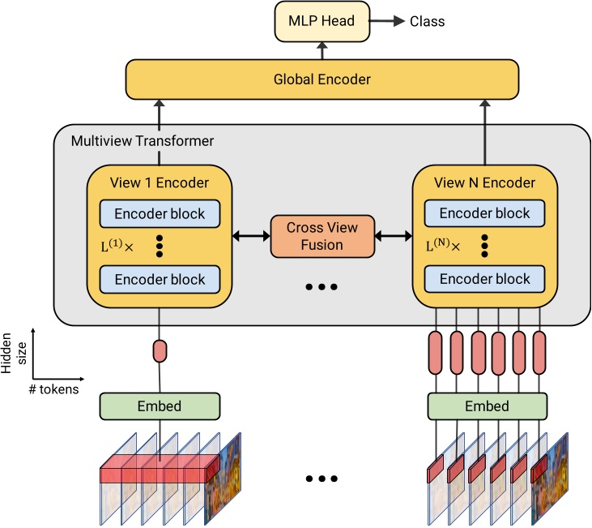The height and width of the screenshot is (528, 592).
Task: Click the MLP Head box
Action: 322,21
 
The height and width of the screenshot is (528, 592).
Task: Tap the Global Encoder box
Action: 322,79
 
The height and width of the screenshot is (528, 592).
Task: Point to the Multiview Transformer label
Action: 143,141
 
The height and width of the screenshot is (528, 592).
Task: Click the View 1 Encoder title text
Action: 160,182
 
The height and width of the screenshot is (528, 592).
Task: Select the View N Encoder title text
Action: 485,182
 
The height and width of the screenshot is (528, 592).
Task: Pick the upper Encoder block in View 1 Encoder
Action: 160,213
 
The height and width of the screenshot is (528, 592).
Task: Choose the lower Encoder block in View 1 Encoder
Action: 160,280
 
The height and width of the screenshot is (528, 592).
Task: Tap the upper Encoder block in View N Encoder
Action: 485,213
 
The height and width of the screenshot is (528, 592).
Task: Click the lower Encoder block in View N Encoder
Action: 485,280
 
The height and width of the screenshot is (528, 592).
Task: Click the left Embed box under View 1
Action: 160,406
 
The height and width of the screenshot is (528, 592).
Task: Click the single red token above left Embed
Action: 160,351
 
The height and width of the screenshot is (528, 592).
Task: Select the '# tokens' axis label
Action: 55,388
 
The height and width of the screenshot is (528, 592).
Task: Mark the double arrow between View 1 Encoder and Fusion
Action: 251,236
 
